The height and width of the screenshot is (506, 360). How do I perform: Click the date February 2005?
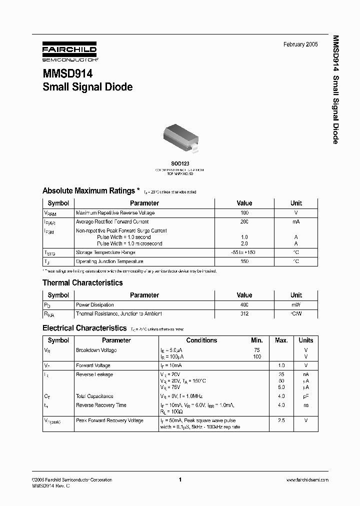pyautogui.click(x=300, y=44)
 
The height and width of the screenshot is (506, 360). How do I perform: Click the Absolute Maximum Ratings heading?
pyautogui.click(x=88, y=190)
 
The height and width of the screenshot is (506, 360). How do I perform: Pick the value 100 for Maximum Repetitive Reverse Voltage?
pyautogui.click(x=244, y=212)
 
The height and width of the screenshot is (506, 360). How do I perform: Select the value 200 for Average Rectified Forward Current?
pyautogui.click(x=244, y=221)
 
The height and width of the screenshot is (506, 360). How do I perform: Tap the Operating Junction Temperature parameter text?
pyautogui.click(x=109, y=261)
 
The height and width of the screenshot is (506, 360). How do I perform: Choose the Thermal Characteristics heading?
pyautogui.click(x=82, y=283)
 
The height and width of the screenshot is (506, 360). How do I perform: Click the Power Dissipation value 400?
pyautogui.click(x=244, y=304)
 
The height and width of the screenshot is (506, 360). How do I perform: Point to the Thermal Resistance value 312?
pyautogui.click(x=244, y=313)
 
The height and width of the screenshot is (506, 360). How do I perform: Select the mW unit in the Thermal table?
pyautogui.click(x=296, y=304)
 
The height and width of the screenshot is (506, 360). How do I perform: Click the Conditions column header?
pyautogui.click(x=201, y=340)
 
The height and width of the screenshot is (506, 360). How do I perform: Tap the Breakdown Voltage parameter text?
pyautogui.click(x=96, y=350)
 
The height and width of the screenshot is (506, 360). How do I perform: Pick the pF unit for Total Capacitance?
pyautogui.click(x=305, y=396)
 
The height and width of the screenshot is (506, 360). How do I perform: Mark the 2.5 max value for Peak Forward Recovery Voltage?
pyautogui.click(x=281, y=420)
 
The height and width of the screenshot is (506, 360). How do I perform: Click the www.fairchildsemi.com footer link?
pyautogui.click(x=307, y=479)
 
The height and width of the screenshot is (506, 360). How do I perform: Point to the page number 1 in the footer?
pyautogui.click(x=179, y=479)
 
